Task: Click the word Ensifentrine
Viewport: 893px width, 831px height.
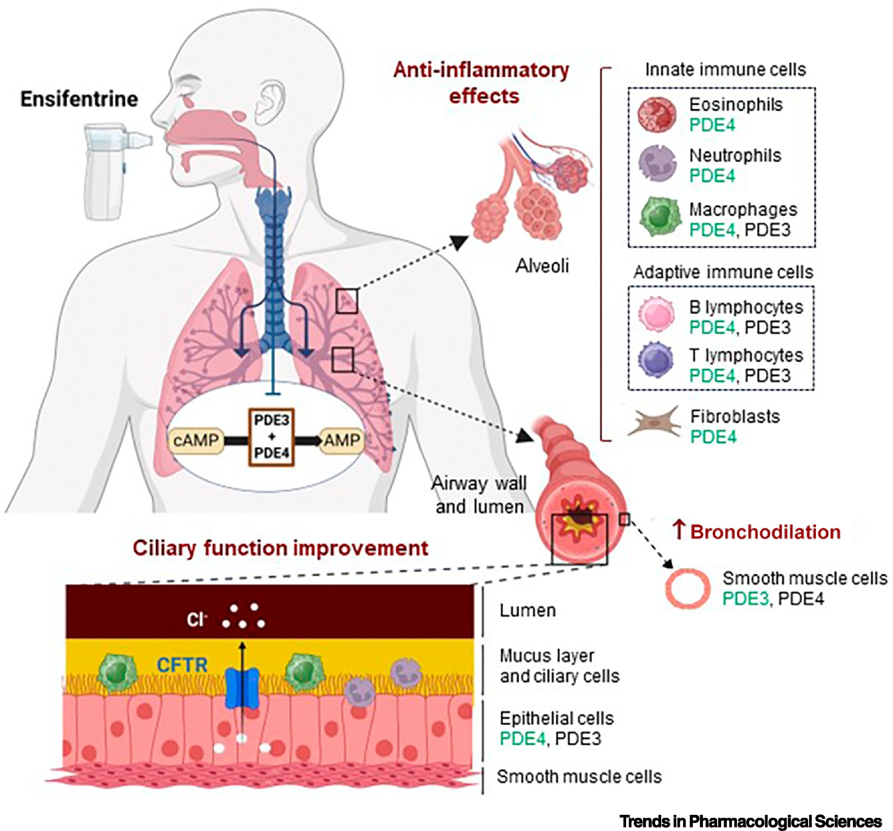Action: (x=79, y=99)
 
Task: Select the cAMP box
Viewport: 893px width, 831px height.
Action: (x=196, y=441)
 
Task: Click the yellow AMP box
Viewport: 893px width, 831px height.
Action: (x=341, y=440)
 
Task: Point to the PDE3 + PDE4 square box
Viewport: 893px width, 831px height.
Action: (x=271, y=437)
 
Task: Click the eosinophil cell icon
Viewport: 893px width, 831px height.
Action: (x=657, y=115)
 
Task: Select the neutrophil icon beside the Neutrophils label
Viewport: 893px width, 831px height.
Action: (x=657, y=165)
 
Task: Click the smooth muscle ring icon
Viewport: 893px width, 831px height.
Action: (x=687, y=588)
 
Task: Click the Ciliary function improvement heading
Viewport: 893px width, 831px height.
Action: (x=280, y=548)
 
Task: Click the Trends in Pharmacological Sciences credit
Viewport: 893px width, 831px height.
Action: (x=750, y=822)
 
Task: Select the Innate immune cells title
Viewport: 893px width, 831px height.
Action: (x=726, y=70)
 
